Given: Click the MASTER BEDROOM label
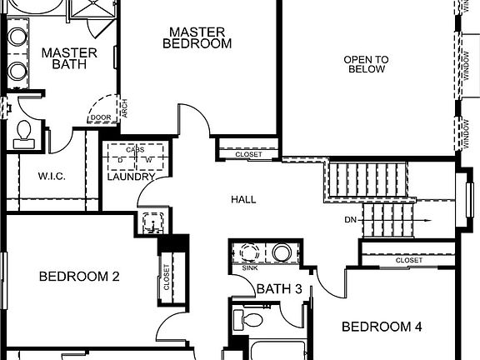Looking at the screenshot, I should click(x=197, y=37).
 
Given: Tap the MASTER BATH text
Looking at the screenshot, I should click(x=68, y=57).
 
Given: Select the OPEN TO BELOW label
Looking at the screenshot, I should click(x=367, y=64).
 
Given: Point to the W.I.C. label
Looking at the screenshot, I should click(x=52, y=177).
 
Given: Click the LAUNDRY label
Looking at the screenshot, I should click(x=131, y=177).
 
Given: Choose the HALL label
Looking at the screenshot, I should click(x=243, y=200).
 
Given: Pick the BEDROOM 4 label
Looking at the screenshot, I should click(x=382, y=327).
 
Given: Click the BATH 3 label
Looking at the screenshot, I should click(x=273, y=289).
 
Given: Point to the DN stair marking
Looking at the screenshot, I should click(x=351, y=221).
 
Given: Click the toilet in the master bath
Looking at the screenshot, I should click(x=23, y=132).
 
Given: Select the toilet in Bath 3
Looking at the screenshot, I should click(x=250, y=319).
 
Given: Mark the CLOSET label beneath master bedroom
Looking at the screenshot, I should click(x=248, y=155).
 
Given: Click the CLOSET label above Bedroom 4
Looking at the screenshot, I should click(x=408, y=260).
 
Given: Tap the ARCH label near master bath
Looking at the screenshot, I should click(x=123, y=109).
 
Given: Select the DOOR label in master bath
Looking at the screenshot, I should click(x=101, y=117).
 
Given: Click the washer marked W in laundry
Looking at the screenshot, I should click(x=148, y=159).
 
